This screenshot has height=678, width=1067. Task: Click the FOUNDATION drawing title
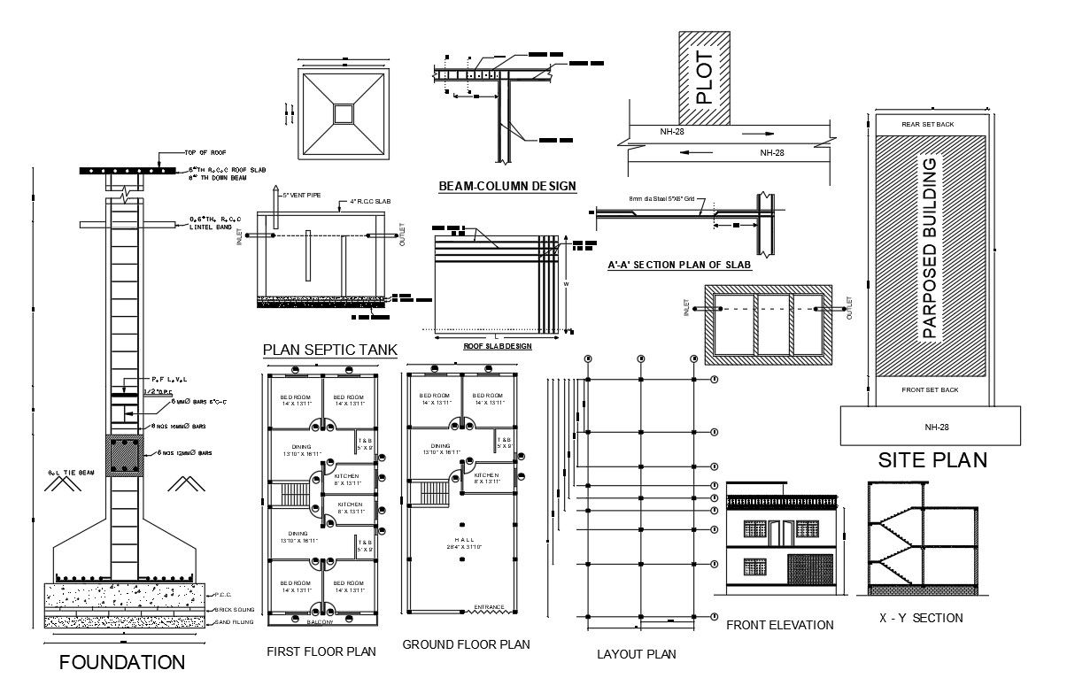coord(121,661)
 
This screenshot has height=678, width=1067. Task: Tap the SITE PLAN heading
coord(932,460)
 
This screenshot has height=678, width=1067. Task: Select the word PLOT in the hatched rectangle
coord(705,78)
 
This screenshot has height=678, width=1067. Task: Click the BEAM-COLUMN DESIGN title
coord(507,186)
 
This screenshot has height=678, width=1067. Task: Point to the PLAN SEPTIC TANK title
coord(329,349)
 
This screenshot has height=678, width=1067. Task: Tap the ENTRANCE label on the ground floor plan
coord(489,607)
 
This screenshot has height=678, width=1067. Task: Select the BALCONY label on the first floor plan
coord(321,622)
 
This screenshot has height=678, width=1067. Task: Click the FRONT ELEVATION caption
coord(779,625)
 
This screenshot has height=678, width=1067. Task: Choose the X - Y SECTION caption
coord(921,618)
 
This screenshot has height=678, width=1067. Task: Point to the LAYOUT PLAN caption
coord(636,654)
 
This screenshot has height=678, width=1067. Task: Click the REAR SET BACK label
coord(927,124)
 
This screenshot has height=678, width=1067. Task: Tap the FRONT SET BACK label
coord(929,389)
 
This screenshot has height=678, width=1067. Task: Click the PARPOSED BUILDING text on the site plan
coord(929,249)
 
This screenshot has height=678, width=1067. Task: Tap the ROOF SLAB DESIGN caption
coord(497,346)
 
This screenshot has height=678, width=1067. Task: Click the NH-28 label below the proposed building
coord(931,427)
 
